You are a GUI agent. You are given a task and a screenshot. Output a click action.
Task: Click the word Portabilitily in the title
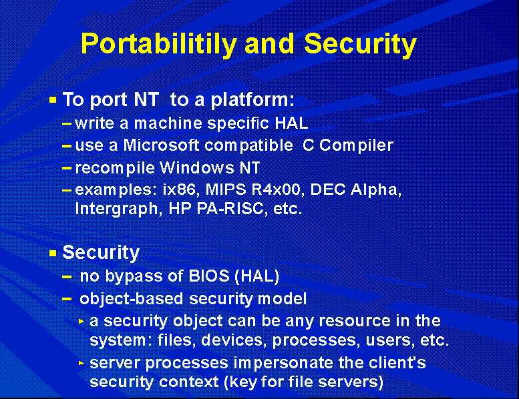tap(159, 44)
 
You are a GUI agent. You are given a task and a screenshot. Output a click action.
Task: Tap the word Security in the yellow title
tap(360, 44)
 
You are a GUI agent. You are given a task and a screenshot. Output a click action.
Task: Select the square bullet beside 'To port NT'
tap(53, 99)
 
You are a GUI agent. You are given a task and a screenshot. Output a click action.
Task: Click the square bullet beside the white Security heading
tap(53, 254)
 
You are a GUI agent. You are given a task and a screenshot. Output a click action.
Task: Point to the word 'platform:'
tap(252, 100)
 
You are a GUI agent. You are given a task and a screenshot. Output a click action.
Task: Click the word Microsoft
tap(161, 145)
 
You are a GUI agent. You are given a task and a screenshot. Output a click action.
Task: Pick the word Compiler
tap(357, 145)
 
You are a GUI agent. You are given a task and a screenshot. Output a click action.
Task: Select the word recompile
tap(115, 168)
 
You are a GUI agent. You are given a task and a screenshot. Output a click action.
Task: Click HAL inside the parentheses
tap(257, 276)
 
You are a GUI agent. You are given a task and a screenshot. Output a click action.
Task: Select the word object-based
tap(132, 299)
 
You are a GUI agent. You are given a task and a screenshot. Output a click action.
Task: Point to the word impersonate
tap(283, 363)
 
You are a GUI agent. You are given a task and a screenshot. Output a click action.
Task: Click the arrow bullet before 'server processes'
tap(81, 363)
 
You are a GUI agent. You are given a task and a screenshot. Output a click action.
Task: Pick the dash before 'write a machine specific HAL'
tap(67, 124)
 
